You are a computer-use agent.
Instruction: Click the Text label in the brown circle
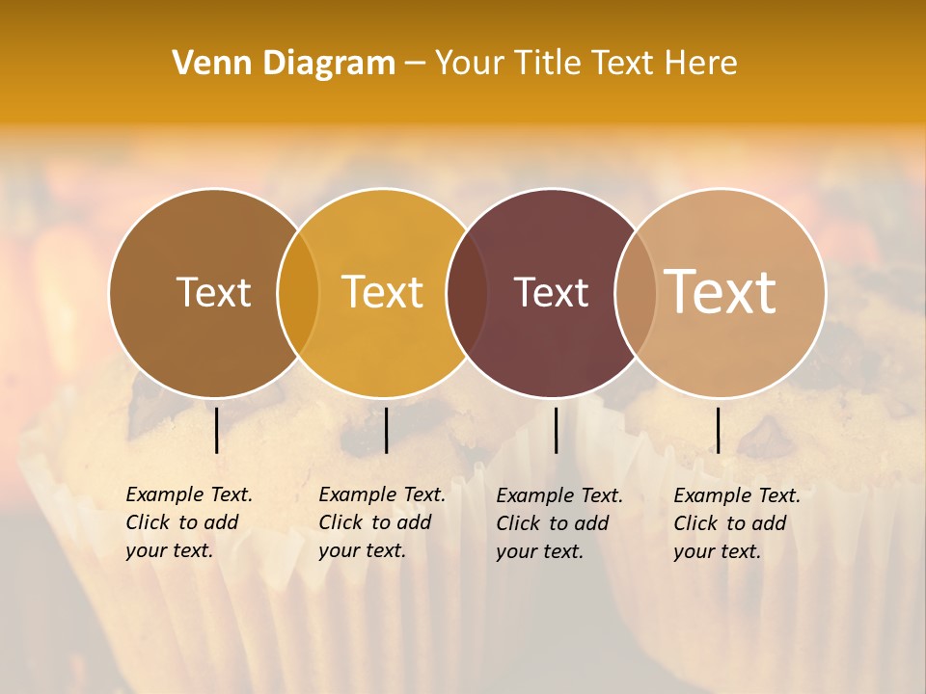click(213, 292)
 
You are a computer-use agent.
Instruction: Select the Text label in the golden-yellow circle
click(382, 292)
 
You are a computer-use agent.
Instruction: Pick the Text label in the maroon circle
click(551, 292)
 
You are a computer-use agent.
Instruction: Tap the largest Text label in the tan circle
click(721, 292)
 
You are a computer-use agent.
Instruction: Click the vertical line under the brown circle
click(216, 430)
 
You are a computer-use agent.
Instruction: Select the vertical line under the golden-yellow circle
click(386, 430)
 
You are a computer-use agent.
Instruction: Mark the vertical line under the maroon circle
click(556, 430)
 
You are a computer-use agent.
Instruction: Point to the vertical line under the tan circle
click(718, 430)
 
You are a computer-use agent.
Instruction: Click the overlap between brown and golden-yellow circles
click(298, 293)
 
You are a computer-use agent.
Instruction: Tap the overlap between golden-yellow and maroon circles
click(467, 293)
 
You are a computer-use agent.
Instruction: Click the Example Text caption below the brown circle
click(188, 522)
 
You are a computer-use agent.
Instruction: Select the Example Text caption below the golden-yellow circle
click(381, 522)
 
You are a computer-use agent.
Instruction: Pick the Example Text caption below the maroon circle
click(558, 523)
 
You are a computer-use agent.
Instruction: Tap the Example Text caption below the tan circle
click(736, 523)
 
